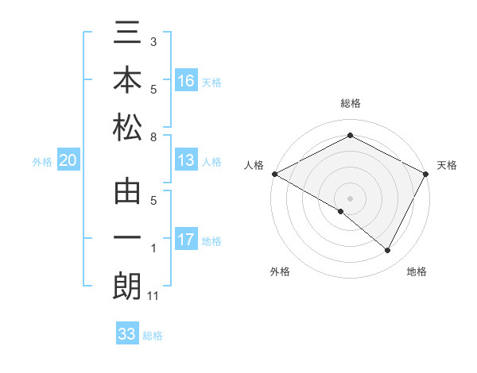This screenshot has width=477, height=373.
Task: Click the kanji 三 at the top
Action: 127,35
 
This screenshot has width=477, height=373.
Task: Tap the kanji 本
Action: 127,81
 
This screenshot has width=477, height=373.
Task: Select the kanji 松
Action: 127,127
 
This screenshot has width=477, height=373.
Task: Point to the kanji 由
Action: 127,193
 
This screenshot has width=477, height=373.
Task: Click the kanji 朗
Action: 127,286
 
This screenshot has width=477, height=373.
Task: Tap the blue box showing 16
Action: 186,80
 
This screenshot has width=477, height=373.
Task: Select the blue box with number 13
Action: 186,161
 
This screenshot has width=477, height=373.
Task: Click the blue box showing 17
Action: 186,240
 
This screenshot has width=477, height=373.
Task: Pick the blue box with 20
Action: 68,161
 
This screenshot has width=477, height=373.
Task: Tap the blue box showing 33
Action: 127,334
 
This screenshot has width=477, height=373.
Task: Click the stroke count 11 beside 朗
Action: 153,296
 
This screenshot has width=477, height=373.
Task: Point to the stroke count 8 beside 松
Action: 153,137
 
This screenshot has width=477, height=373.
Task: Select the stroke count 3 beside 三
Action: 153,40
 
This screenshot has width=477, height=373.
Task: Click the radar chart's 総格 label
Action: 350,103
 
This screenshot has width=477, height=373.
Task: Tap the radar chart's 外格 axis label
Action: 279,272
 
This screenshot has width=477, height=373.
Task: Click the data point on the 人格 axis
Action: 274,174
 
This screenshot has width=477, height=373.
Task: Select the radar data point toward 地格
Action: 388,251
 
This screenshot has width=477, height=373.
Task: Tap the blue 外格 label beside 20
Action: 42,162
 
